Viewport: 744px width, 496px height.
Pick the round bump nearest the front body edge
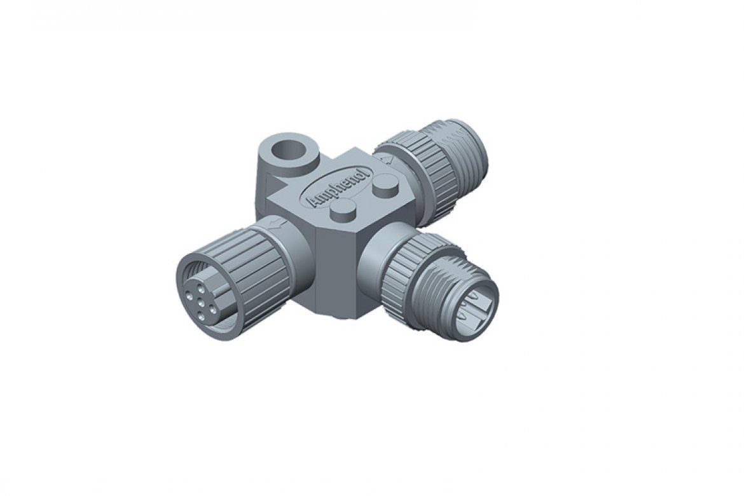coord(344,211)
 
